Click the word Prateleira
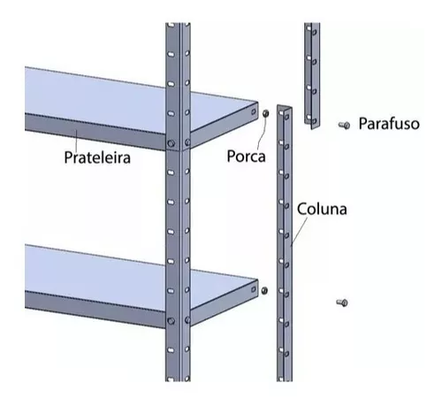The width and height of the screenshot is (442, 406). tap(97, 157)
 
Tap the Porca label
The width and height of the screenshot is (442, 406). tap(246, 156)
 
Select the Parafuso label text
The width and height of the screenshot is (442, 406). tap(389, 123)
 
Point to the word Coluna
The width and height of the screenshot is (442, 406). tap(322, 209)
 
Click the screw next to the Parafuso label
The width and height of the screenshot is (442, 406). tap(344, 126)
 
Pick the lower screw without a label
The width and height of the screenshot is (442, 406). tap(342, 303)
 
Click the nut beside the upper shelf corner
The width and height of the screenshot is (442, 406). tap(265, 113)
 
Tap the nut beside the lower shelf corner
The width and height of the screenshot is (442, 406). tap(264, 290)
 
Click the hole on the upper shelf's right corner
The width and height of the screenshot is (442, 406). tap(253, 112)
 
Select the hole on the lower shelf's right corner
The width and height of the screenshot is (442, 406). tap(253, 289)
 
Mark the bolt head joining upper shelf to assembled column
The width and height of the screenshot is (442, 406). tap(171, 144)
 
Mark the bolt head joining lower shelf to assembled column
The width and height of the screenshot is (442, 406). tap(171, 320)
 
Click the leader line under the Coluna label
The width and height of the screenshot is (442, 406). tap(299, 232)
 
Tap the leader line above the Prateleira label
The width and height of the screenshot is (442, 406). tap(77, 140)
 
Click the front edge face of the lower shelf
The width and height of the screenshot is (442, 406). tap(95, 309)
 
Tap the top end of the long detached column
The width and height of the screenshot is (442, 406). tap(285, 107)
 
